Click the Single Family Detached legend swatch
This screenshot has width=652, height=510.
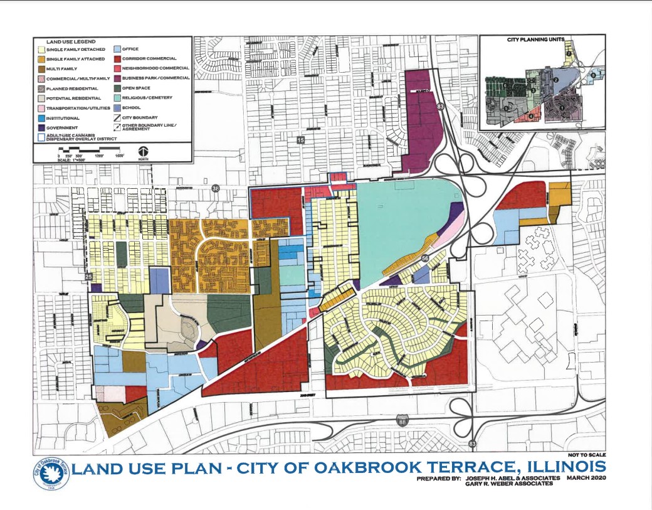tap(41, 49)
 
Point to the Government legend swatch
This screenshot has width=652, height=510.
tap(41, 127)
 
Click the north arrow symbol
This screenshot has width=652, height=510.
tap(144, 152)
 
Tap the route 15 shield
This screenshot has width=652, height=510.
tap(300, 141)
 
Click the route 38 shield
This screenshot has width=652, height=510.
tap(216, 188)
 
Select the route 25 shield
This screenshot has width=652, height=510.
tap(88, 277)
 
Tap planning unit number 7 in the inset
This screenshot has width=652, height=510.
tap(569, 54)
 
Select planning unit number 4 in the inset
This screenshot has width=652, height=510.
tap(531, 116)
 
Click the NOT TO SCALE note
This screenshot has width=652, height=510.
tap(587, 454)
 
